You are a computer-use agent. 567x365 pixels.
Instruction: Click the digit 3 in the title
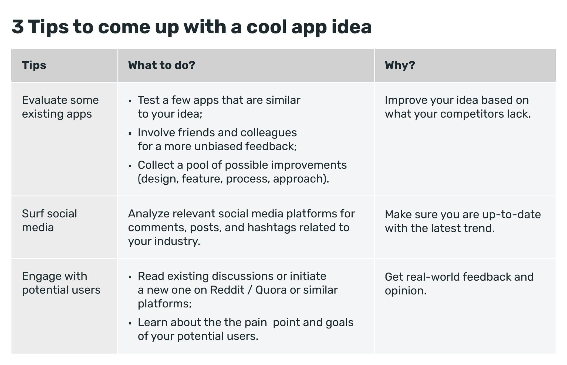click(x=18, y=27)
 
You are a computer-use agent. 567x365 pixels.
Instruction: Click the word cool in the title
click(x=266, y=27)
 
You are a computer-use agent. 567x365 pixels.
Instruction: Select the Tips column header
click(x=34, y=65)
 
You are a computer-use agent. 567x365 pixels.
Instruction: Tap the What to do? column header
click(x=161, y=65)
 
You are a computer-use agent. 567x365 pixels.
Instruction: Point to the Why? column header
click(x=400, y=65)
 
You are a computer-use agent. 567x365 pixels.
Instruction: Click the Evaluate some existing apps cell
click(x=60, y=107)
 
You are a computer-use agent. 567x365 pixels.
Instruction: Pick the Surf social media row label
click(x=49, y=220)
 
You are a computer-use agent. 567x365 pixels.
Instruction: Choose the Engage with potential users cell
click(x=61, y=283)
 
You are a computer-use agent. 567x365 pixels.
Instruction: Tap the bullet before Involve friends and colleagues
click(x=130, y=134)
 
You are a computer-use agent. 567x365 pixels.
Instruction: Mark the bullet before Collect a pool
click(x=130, y=166)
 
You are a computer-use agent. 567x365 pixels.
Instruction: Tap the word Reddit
click(x=227, y=290)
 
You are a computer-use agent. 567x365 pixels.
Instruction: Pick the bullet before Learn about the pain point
click(x=130, y=323)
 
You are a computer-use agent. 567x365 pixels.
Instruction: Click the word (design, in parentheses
click(x=158, y=179)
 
